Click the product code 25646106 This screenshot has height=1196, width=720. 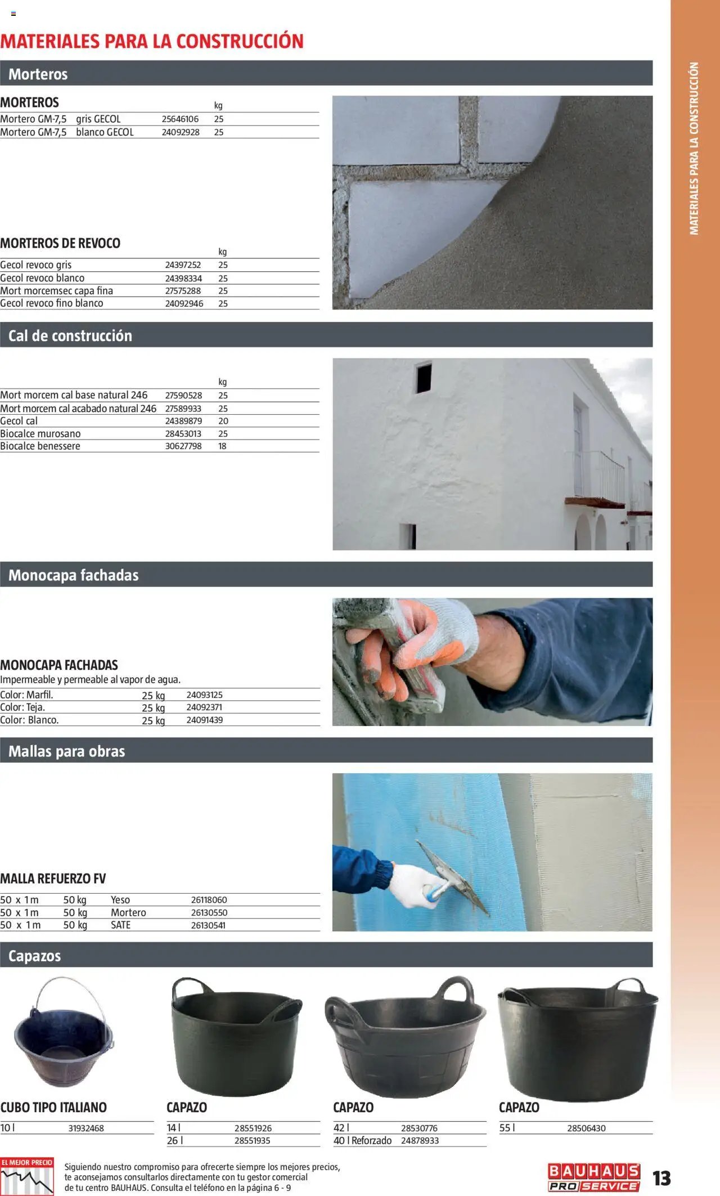[x=180, y=119]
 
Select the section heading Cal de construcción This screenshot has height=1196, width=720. [x=70, y=335]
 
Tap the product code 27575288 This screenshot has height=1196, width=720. [x=183, y=291]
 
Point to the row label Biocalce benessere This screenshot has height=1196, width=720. [x=40, y=446]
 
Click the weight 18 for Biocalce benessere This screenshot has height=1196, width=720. [x=222, y=446]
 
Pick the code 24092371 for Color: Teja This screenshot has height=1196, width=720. [x=204, y=707]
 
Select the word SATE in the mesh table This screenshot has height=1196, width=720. [x=120, y=925]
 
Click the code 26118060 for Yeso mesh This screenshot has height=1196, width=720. [x=209, y=900]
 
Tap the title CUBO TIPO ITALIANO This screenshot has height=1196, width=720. [x=53, y=1108]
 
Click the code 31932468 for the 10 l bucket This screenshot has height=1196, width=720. [x=86, y=1128]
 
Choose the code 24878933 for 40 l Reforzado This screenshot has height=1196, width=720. [x=420, y=1141]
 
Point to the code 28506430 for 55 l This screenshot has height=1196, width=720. [x=586, y=1128]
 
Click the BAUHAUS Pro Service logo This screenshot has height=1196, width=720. [x=593, y=1178]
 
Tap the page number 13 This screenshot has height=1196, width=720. [x=661, y=1179]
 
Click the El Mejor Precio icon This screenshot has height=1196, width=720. [x=27, y=1176]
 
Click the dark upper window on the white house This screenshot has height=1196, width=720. [x=424, y=378]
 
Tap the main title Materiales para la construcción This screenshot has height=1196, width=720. [x=152, y=41]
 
